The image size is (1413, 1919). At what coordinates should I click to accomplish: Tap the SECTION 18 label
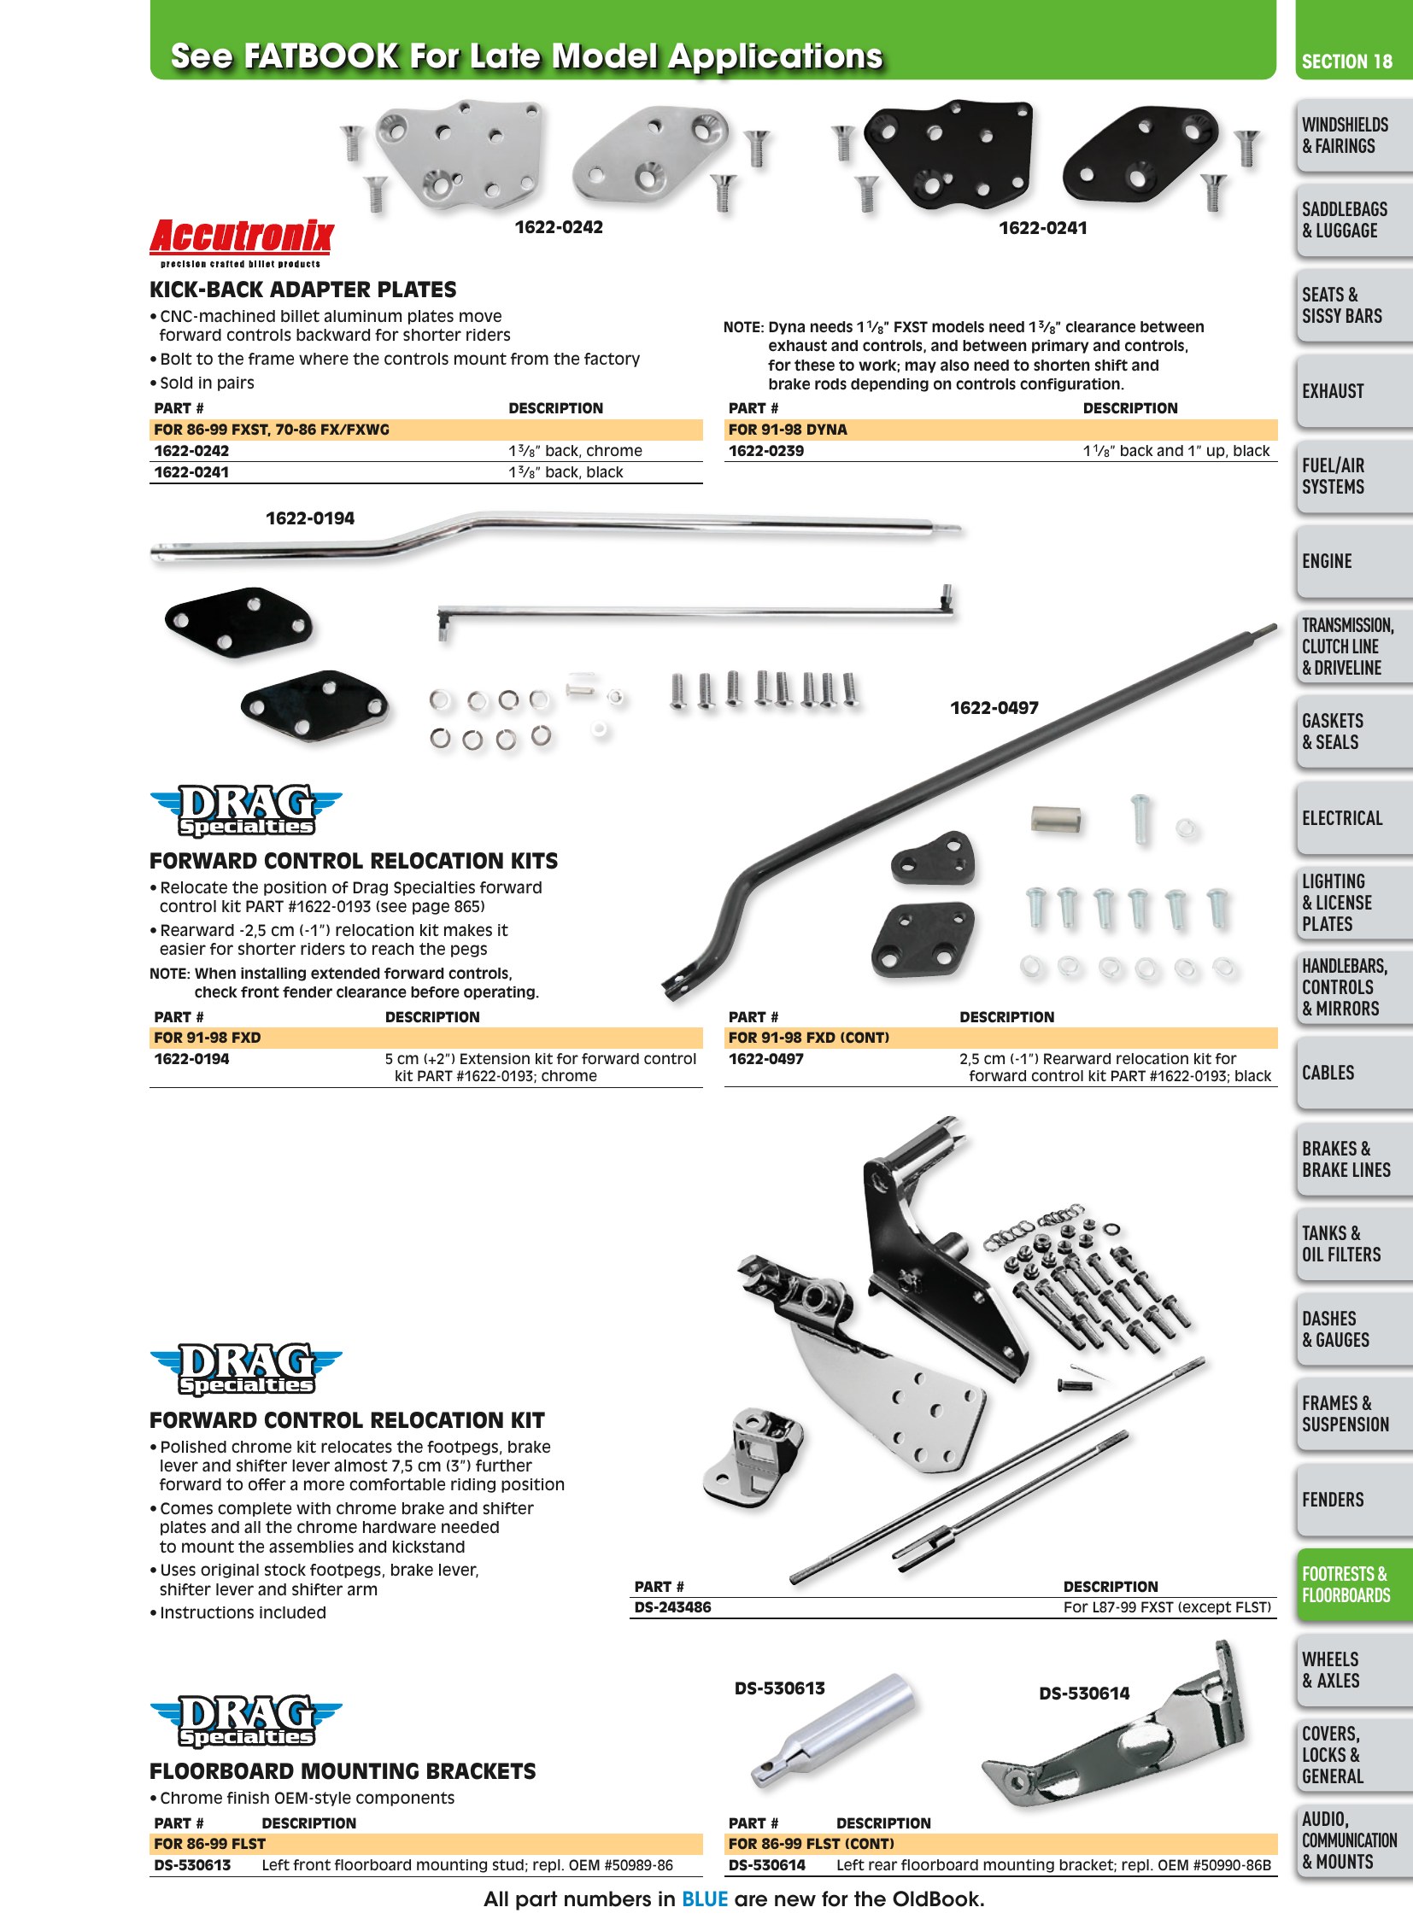(1346, 61)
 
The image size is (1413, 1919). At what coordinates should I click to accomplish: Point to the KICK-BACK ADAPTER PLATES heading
(302, 290)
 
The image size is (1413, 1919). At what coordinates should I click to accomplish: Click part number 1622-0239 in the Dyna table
(765, 451)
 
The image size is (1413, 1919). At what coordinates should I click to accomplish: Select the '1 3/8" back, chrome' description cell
(575, 451)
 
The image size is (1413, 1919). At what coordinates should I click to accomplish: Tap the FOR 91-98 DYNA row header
(788, 430)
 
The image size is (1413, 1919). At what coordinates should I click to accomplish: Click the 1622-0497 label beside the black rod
(994, 708)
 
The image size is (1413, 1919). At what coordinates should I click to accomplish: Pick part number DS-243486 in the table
(672, 1607)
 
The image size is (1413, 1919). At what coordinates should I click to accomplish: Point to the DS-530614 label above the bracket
(1084, 1694)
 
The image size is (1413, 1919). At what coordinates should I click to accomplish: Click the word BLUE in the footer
(704, 1899)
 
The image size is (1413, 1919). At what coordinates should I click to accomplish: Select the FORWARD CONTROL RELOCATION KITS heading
(354, 861)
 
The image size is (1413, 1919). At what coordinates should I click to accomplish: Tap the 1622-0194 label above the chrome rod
(309, 518)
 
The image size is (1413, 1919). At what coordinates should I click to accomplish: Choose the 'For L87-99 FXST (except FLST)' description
(1167, 1607)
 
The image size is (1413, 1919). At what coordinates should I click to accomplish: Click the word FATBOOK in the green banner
(320, 56)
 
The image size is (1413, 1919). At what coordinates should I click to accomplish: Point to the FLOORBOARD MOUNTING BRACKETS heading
(342, 1771)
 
